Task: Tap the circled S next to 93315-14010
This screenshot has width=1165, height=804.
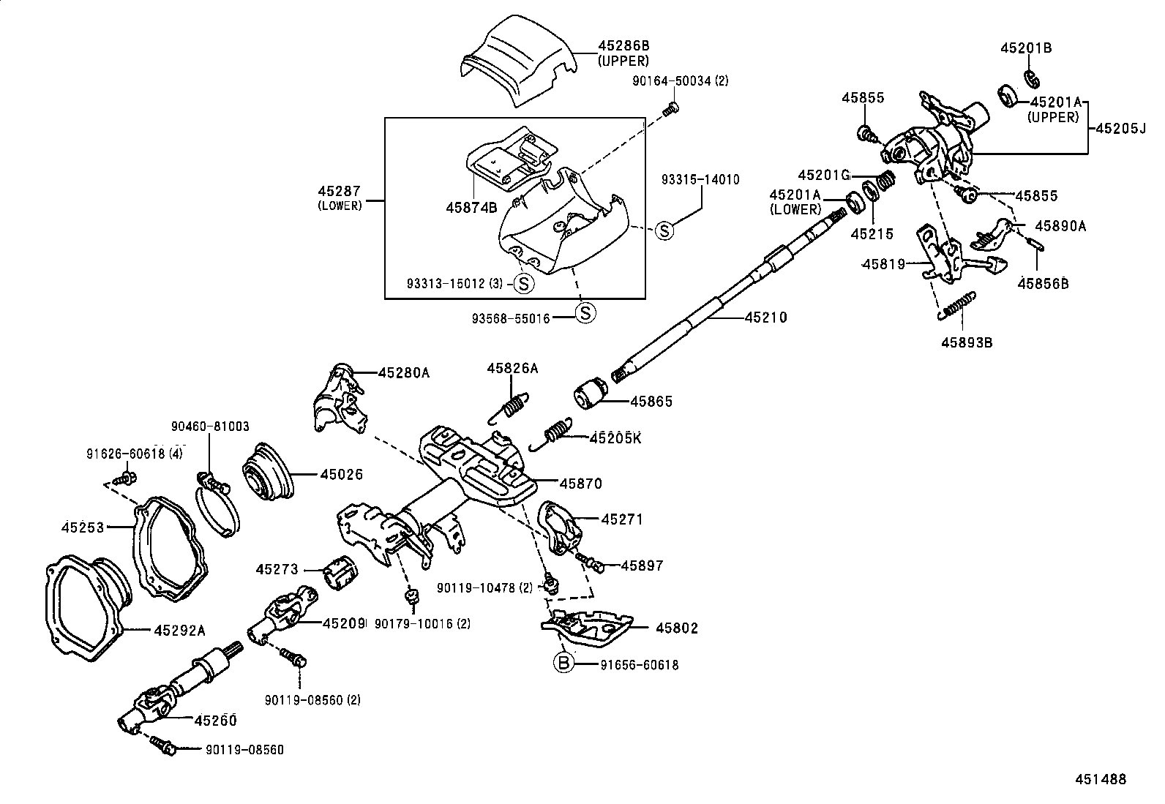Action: coord(663,231)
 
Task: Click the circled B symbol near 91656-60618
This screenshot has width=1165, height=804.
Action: coord(563,664)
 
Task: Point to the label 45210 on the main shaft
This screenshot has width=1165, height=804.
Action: coord(766,318)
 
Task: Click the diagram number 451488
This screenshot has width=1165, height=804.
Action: coord(1100,779)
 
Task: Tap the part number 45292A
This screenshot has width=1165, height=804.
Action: coord(179,629)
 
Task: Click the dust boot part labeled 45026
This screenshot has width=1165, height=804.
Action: coord(267,473)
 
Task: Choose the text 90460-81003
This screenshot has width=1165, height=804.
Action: coord(210,427)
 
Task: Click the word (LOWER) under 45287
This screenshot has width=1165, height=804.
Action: coord(340,206)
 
